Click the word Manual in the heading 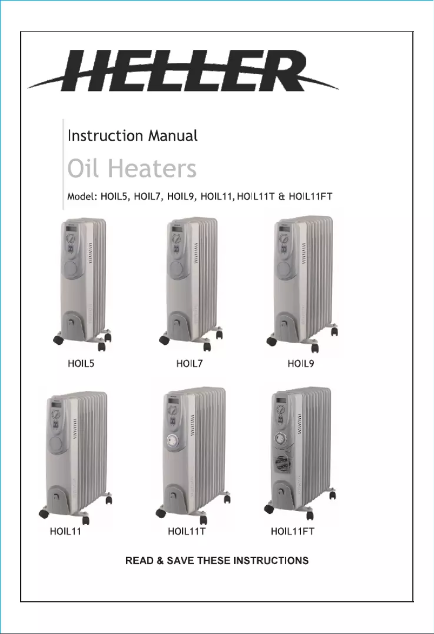(172, 135)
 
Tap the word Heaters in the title (151, 169)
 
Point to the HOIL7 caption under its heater (189, 364)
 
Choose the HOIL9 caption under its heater (301, 364)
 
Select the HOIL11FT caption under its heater (292, 532)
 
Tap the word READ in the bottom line (137, 560)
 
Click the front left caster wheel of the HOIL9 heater (271, 341)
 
